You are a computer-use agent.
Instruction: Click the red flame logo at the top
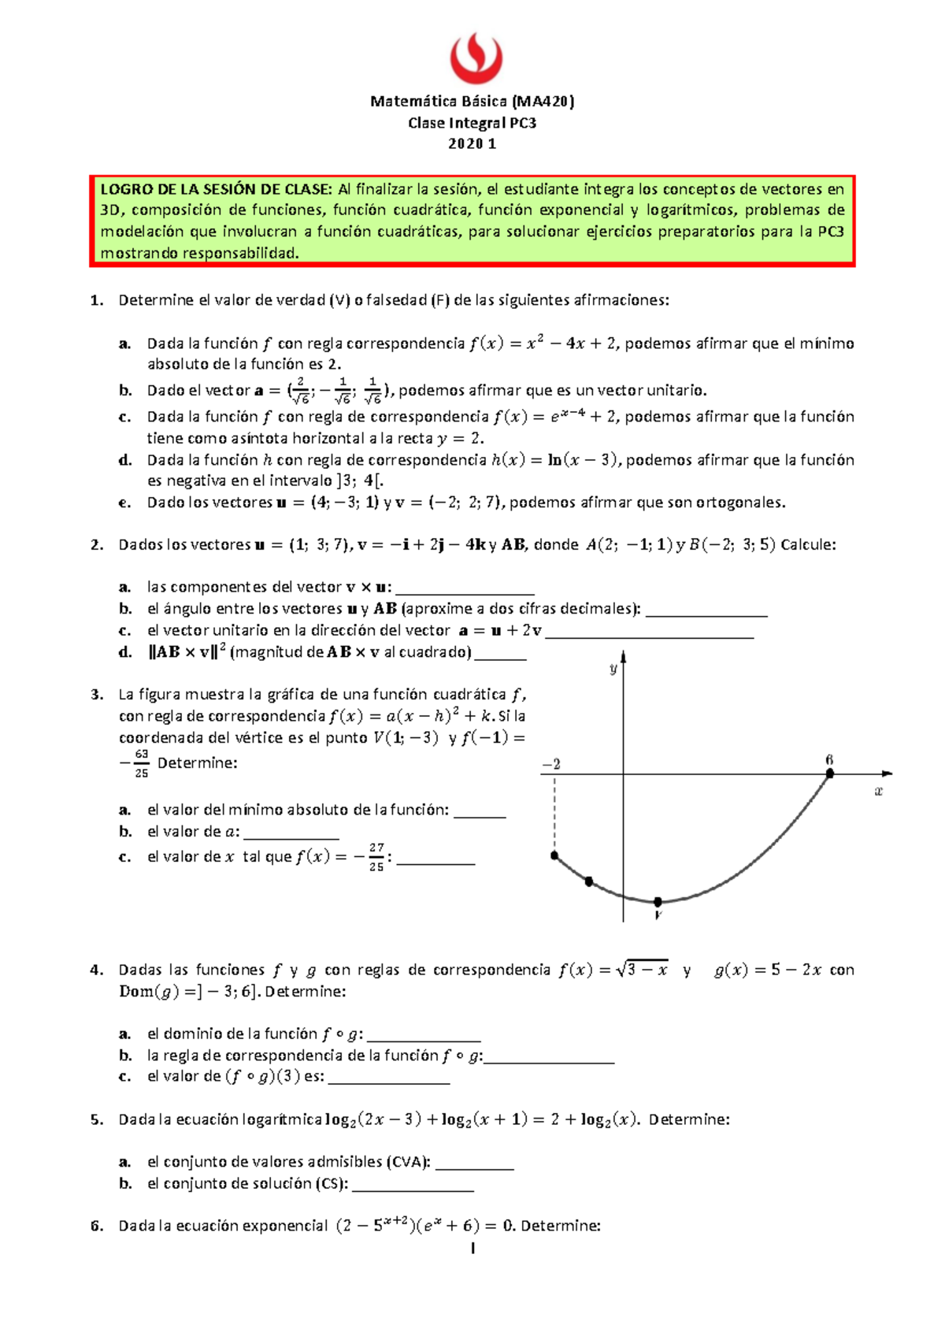476,58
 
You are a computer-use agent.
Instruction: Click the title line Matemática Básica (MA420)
472,101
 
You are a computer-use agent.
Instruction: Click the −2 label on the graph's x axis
551,764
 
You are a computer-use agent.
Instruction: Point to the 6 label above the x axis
829,760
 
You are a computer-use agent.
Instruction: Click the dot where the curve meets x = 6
830,774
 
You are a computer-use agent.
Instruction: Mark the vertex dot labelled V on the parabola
658,902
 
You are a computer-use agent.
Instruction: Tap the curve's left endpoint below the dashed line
555,855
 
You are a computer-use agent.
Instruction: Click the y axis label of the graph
613,669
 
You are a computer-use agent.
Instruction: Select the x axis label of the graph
879,791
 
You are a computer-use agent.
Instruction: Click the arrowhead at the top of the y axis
623,656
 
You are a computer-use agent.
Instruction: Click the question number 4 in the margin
96,970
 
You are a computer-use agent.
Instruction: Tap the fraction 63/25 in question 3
141,763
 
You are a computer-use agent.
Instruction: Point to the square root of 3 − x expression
642,970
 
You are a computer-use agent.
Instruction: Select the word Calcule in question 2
808,544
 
